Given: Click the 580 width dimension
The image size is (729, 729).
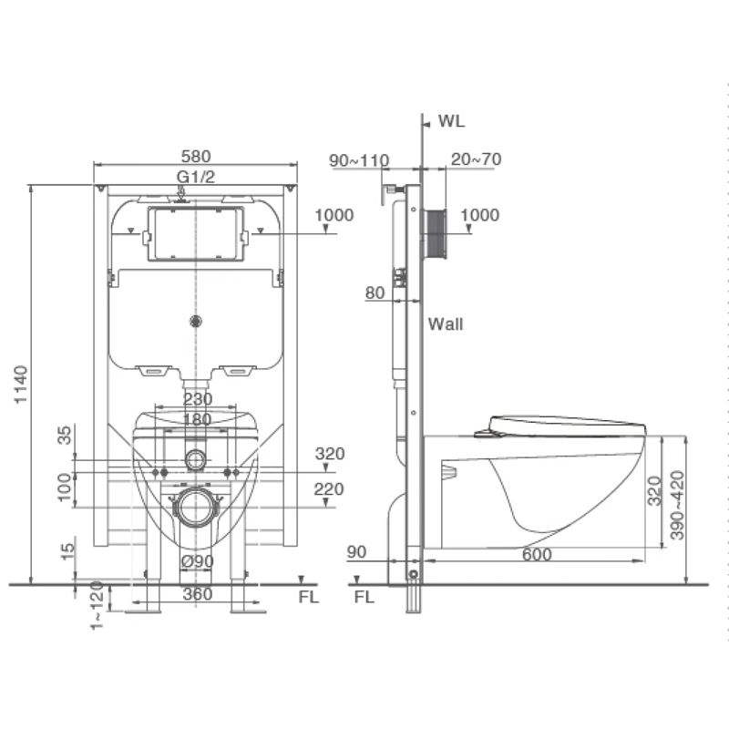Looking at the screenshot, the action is point(196,156).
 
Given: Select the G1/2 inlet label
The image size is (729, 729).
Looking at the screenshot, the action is point(196,177).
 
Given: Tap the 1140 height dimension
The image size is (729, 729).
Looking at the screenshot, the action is point(21,385).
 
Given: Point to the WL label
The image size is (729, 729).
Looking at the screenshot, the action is point(451,121).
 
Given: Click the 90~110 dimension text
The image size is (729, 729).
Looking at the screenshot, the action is point(359,160).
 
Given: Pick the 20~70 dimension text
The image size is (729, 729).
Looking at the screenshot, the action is point(476,159).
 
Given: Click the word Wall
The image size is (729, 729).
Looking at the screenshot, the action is point(446,324).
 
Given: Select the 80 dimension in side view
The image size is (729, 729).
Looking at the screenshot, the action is point(375,293).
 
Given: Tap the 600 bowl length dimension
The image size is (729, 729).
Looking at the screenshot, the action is point(537,554).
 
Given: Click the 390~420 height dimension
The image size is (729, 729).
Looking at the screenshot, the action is point(677,506).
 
